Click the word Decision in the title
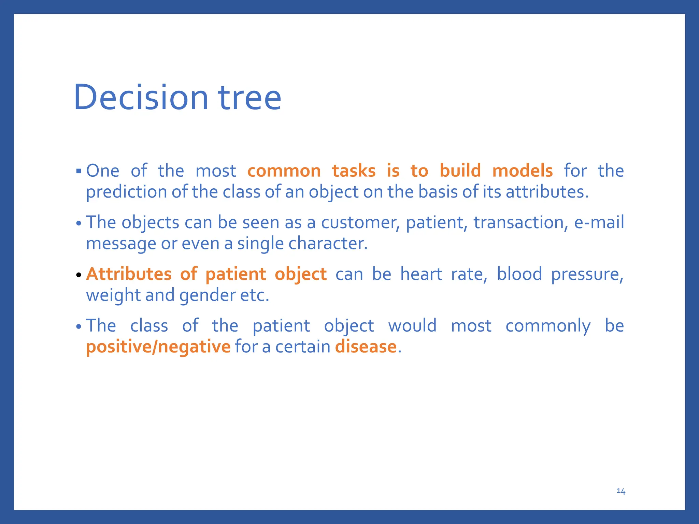click(141, 98)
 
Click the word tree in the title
click(249, 98)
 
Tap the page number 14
click(620, 491)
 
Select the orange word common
click(284, 171)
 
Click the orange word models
click(522, 171)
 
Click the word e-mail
click(599, 223)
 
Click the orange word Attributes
click(129, 274)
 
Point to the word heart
click(421, 274)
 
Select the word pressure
click(587, 274)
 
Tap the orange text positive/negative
click(158, 347)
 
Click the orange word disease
click(366, 347)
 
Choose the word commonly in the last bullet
click(548, 326)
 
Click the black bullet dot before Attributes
click(79, 275)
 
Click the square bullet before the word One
click(79, 171)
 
